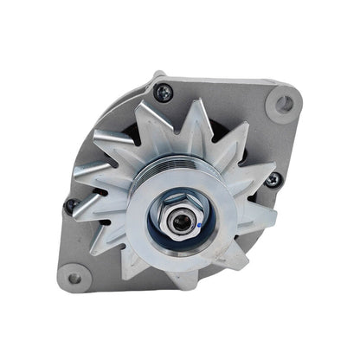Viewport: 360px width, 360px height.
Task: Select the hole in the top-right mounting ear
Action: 282,104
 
